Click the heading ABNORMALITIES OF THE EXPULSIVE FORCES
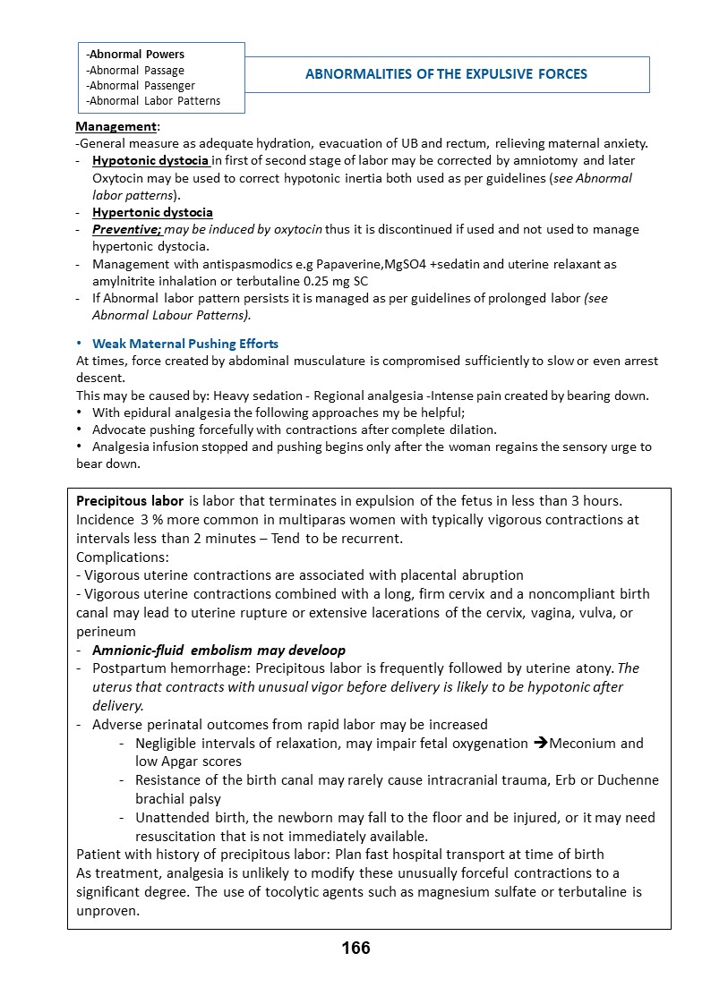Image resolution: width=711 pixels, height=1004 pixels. coord(446,74)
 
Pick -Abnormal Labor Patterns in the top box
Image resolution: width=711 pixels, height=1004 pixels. coord(153,101)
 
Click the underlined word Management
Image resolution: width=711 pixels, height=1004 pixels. coord(116,127)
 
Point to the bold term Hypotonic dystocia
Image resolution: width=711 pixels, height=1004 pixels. coord(150,161)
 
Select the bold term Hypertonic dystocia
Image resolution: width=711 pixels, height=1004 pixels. coord(152,212)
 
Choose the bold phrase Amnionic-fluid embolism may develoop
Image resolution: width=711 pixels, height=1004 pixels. coord(218,651)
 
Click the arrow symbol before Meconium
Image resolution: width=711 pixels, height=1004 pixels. coord(540,744)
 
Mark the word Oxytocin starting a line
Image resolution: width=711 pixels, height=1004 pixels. coord(120,178)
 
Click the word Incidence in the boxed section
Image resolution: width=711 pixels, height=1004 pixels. coord(105,520)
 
